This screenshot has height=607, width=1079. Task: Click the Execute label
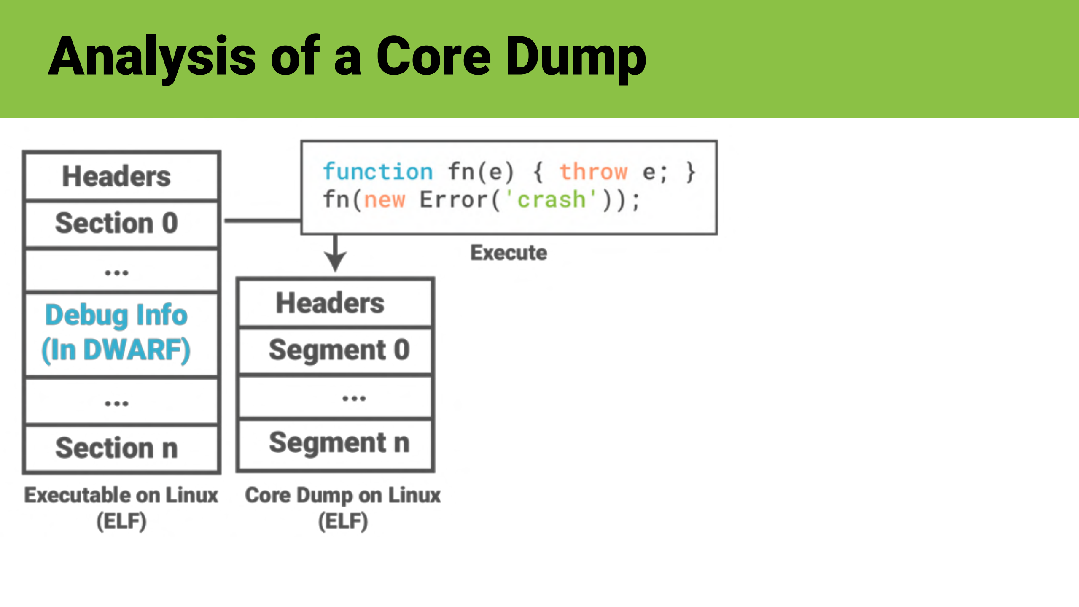(x=509, y=253)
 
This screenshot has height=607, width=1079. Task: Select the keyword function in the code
(x=378, y=172)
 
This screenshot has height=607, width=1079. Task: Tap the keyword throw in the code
(x=593, y=172)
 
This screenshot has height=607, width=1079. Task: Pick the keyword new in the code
(x=385, y=200)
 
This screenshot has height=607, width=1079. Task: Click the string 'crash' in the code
(x=551, y=200)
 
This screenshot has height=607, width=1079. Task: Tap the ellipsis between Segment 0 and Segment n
(x=354, y=398)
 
